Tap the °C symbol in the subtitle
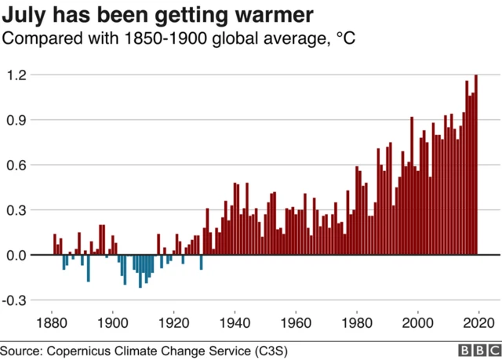(346, 38)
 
